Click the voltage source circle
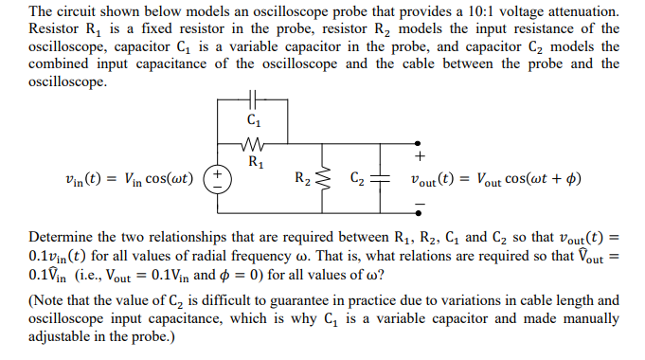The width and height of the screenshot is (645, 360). coord(217,178)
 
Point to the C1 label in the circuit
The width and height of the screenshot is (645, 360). coord(252,120)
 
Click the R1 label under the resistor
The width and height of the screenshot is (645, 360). coord(253,160)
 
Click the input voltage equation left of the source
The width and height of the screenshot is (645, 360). coord(123,178)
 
